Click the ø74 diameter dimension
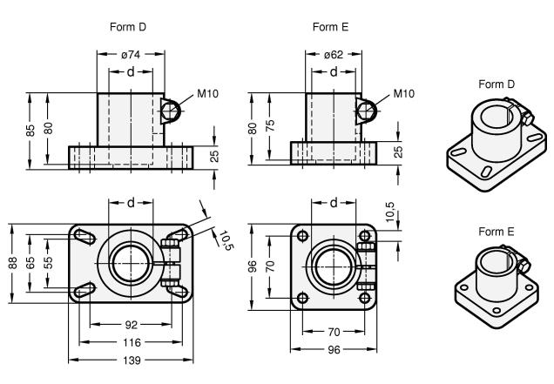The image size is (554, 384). point(132,54)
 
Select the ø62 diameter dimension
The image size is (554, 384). point(334,54)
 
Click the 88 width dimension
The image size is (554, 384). point(13,261)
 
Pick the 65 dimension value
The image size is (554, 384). point(31,261)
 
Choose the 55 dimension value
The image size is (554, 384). point(49,261)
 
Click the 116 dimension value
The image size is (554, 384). point(132,341)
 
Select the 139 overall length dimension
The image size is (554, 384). point(132,359)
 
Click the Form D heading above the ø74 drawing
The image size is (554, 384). point(128,27)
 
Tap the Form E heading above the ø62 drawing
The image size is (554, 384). point(331,27)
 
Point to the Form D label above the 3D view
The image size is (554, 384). point(497,84)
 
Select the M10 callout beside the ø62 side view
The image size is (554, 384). point(403,94)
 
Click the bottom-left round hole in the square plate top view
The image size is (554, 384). point(302,298)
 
